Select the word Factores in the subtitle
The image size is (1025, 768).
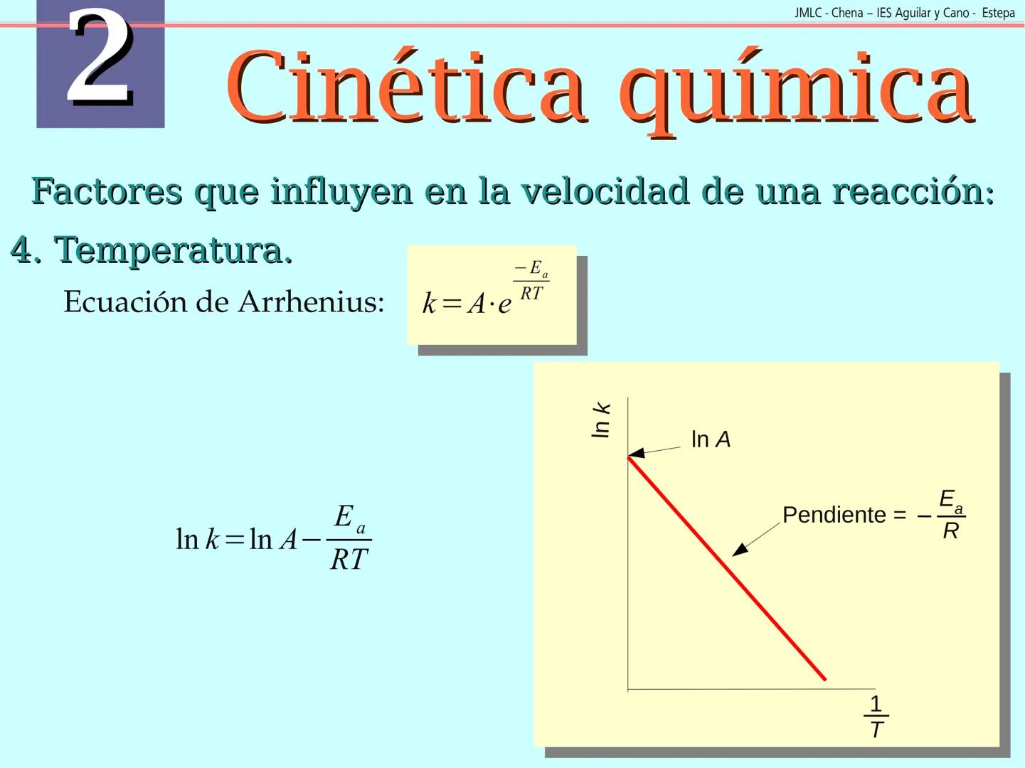tap(107, 191)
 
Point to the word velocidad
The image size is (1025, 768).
tap(605, 191)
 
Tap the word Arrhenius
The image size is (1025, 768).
tap(311, 302)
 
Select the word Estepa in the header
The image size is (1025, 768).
tap(998, 13)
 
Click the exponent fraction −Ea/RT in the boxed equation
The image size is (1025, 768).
tap(531, 281)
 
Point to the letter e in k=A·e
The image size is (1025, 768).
tap(504, 304)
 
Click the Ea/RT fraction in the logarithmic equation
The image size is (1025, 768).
tap(349, 538)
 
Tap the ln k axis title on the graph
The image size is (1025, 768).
tap(601, 420)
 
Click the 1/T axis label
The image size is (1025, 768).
tap(876, 717)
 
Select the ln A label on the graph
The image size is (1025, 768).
tap(711, 439)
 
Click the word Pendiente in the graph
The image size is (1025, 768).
tap(834, 515)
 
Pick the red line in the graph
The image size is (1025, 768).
tap(726, 568)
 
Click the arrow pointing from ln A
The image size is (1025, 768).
tap(654, 451)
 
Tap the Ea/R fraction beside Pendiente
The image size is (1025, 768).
tap(950, 514)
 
